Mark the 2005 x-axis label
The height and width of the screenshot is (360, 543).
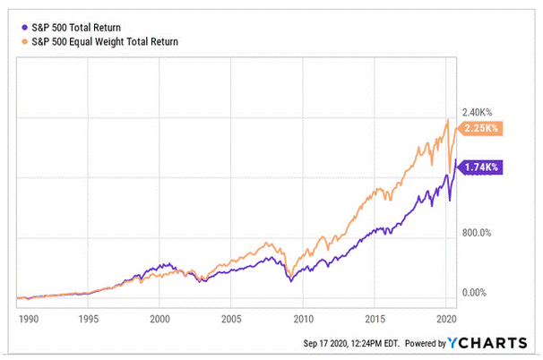231,318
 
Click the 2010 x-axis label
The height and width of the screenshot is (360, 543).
303,318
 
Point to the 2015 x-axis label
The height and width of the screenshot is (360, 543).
375,318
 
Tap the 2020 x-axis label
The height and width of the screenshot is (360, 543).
445,318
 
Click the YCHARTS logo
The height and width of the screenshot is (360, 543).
492,343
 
